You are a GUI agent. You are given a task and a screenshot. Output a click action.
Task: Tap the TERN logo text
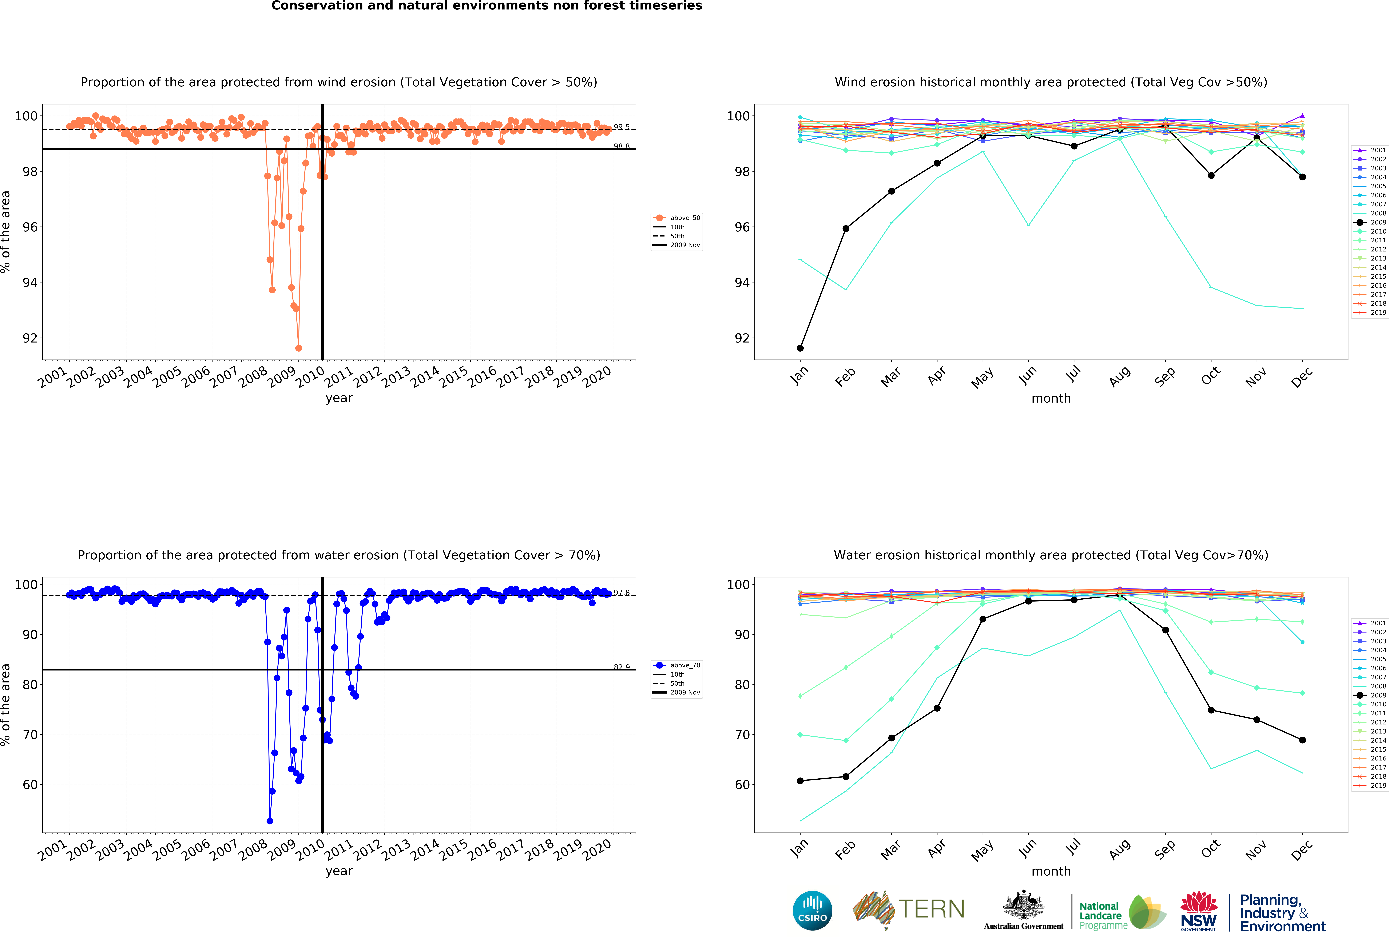point(931,909)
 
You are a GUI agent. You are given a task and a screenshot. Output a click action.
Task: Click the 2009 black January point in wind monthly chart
point(800,348)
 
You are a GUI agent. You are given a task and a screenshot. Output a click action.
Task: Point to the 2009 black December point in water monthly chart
point(1302,740)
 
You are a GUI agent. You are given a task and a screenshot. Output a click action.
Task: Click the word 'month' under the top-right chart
point(1051,398)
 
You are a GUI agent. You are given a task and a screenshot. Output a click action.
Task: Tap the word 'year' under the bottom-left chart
point(339,871)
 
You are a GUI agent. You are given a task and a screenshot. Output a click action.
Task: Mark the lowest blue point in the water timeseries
point(270,821)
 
